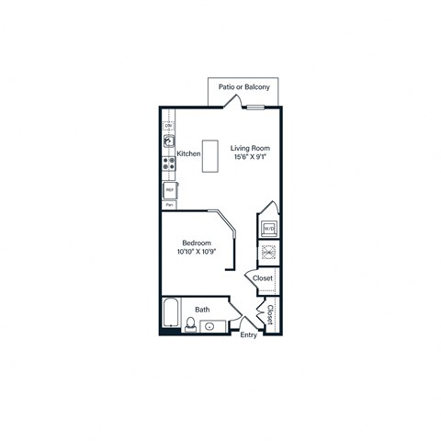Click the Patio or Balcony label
coord(243,86)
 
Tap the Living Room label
coord(251,147)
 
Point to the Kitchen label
coord(189,153)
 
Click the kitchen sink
coord(169,142)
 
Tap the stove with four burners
coord(169,165)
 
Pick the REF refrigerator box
coord(170,191)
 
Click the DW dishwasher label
coord(168,124)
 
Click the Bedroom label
coord(197,242)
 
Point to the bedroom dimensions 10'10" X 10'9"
coord(197,252)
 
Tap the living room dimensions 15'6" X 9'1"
coord(251,157)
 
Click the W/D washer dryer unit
coord(268,228)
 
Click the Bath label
coord(202,310)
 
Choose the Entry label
coord(248,335)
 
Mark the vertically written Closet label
coord(270,315)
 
